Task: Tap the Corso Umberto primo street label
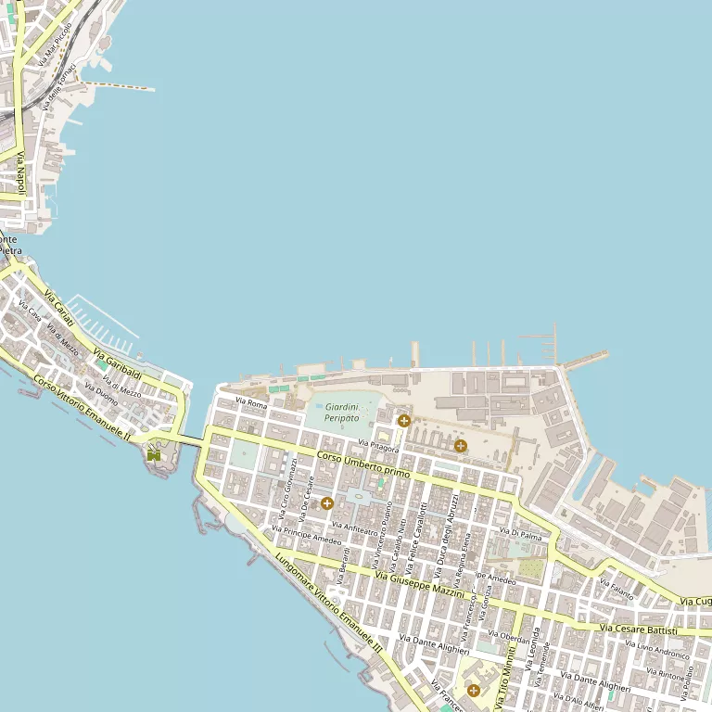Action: pos(362,464)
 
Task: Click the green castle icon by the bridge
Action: pos(153,454)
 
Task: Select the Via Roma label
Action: pos(251,404)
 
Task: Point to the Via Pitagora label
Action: pos(378,448)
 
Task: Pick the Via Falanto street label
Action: pos(616,588)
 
